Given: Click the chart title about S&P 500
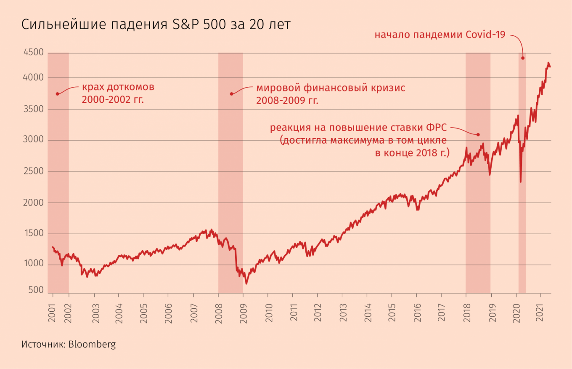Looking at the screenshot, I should coord(156,25).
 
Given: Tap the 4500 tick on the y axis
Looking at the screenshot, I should coord(33,53).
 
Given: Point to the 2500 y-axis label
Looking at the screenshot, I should coord(33,171).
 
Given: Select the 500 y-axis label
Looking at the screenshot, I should coord(36,290).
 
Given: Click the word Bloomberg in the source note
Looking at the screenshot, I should coord(92,345).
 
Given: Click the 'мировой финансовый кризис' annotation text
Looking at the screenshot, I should coord(331,88).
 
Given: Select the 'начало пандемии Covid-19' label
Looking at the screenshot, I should coord(440,35).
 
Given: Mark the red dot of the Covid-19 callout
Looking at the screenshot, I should coord(523,58).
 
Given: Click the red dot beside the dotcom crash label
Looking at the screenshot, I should coord(57,94).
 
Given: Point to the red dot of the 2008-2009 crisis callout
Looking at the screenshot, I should coord(231,94).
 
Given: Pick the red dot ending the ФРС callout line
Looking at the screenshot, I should coord(478,134).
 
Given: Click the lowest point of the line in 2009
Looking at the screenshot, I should coord(246,283).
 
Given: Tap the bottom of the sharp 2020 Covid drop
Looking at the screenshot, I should coord(521,182).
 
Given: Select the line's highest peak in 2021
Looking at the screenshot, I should coord(548,63).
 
